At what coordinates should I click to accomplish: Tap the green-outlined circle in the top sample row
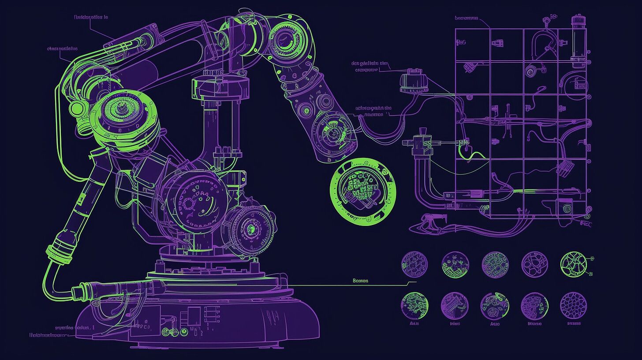click(573, 264)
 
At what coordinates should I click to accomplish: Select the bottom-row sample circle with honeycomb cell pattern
click(573, 305)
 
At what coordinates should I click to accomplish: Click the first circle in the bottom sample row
click(414, 305)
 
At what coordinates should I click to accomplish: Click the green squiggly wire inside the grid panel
click(470, 154)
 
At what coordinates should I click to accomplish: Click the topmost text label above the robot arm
click(91, 17)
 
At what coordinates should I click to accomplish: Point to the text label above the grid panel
click(466, 18)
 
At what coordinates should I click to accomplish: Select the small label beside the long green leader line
click(360, 281)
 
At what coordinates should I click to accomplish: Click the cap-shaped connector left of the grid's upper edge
click(411, 82)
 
